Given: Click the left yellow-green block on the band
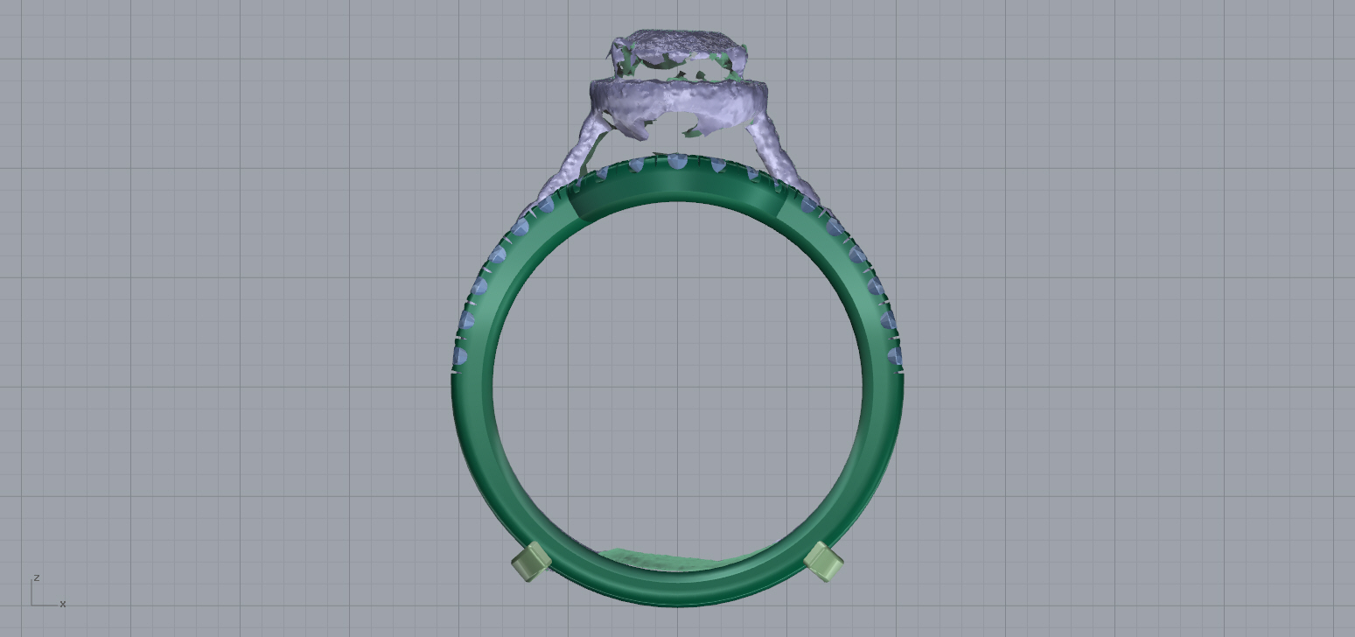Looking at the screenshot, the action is click(530, 562).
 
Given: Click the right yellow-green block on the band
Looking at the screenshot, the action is click(823, 562).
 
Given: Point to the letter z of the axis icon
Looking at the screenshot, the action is click(37, 577).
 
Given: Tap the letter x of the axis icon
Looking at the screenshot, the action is click(63, 604).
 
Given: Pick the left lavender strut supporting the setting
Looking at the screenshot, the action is click(569, 166).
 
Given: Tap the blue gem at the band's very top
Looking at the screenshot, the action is click(676, 162).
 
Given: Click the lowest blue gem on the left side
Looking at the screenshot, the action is click(460, 355).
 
